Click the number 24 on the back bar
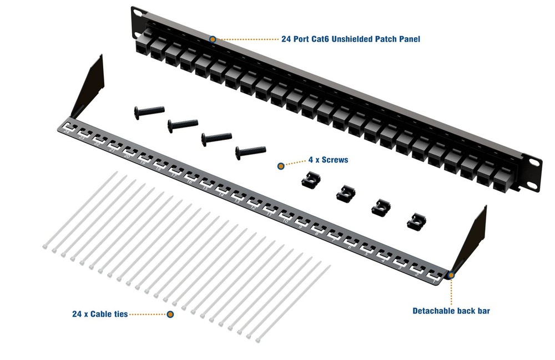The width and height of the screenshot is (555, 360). click(66, 131)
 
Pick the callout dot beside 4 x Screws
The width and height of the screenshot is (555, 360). click(281, 165)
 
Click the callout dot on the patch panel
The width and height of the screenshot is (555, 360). click(213, 39)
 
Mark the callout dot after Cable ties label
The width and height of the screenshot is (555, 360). click(170, 315)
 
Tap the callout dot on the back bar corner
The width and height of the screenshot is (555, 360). click(451, 274)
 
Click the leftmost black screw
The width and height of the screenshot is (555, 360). click(149, 111)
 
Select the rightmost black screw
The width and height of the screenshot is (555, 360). click(250, 150)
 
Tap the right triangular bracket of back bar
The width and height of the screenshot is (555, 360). click(473, 239)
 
